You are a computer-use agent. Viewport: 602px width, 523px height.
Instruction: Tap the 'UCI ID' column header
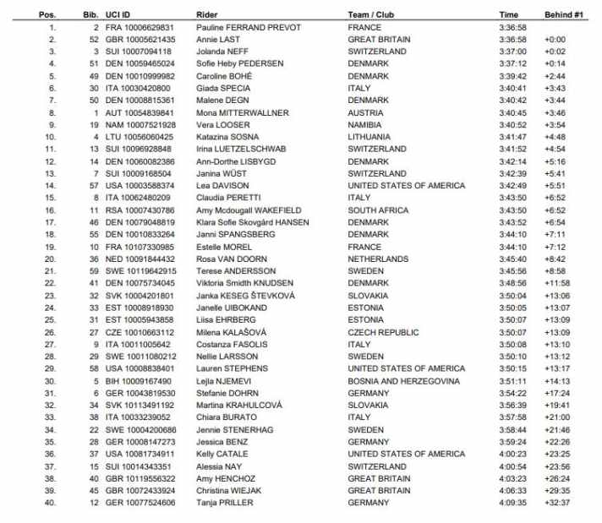pyautogui.click(x=118, y=15)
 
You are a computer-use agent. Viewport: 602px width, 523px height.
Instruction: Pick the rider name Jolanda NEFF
pyautogui.click(x=222, y=52)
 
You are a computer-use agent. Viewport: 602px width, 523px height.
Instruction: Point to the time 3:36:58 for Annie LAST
pyautogui.click(x=513, y=40)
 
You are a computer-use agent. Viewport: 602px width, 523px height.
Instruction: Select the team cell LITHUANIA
pyautogui.click(x=371, y=137)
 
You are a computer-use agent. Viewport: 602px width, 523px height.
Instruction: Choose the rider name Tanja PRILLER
pyautogui.click(x=221, y=504)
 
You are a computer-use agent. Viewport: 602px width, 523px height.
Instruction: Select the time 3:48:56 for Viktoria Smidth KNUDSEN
pyautogui.click(x=513, y=283)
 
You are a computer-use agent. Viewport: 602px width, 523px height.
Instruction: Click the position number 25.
pyautogui.click(x=52, y=320)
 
